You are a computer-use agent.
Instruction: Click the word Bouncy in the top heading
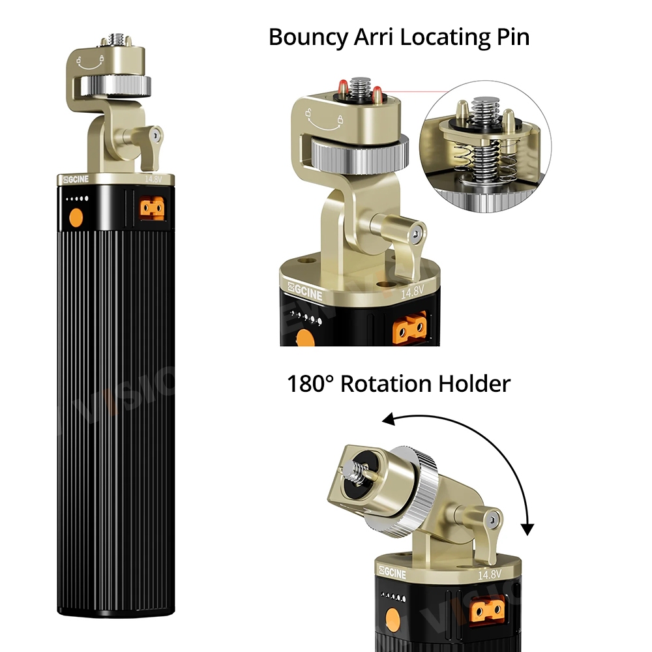[308, 37]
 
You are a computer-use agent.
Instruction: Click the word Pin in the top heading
[513, 37]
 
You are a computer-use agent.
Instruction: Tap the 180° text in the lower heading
[310, 383]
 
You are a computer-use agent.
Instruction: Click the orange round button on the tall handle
[76, 218]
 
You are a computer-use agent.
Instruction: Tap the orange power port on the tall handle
[152, 209]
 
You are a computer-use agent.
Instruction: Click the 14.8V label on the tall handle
[153, 179]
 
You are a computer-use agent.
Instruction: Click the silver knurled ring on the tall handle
[115, 85]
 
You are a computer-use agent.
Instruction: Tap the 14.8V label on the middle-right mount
[412, 291]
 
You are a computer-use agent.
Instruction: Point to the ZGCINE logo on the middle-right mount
[305, 291]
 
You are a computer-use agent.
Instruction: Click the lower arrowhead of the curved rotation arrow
[527, 529]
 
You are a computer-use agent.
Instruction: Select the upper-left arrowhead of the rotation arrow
[389, 419]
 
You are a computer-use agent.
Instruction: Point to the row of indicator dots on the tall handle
[78, 199]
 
